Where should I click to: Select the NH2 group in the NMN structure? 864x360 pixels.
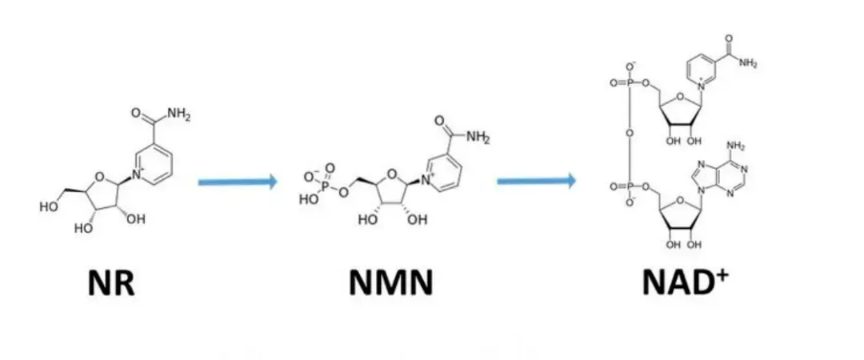click(x=476, y=137)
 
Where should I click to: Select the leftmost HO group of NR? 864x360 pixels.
click(x=47, y=206)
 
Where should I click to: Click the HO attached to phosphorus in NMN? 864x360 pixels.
click(x=308, y=201)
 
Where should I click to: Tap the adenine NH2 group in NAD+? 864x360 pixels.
click(x=736, y=146)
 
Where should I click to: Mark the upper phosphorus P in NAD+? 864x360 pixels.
click(x=630, y=82)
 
